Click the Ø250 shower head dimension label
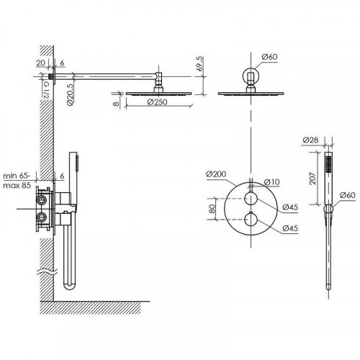coord(157,102)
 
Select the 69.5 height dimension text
coord(199,63)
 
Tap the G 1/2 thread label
coord(46,89)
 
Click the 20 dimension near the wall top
coord(40,63)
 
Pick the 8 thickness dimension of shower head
coord(116,104)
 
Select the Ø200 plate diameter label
coord(216,174)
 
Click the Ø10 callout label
coord(271,182)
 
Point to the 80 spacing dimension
coord(212,209)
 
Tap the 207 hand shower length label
coord(312,179)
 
